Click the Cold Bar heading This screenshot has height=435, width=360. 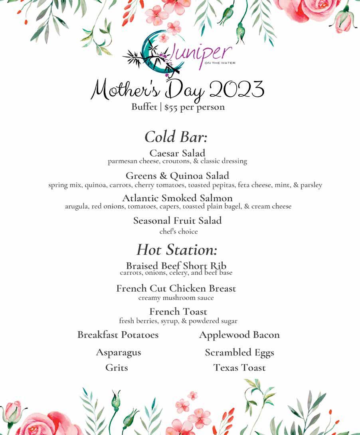pyautogui.click(x=176, y=137)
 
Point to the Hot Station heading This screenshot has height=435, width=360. pyautogui.click(x=177, y=250)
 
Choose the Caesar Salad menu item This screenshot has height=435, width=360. pyautogui.click(x=177, y=153)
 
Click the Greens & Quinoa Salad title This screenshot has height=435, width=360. pyautogui.click(x=177, y=176)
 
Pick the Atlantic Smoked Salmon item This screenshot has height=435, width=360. pyautogui.click(x=177, y=198)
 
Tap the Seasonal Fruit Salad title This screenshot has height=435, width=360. pyautogui.click(x=177, y=220)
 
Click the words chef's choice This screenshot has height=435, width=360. pyautogui.click(x=178, y=231)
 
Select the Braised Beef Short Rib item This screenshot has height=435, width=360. pyautogui.click(x=176, y=266)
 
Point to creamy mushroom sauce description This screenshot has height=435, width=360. pyautogui.click(x=176, y=298)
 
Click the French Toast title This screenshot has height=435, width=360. pyautogui.click(x=178, y=312)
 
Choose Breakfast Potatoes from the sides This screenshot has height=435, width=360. pyautogui.click(x=118, y=335)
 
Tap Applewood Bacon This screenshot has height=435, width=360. pyautogui.click(x=239, y=335)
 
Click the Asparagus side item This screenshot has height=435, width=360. pyautogui.click(x=118, y=353)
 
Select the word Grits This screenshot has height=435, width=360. pyautogui.click(x=117, y=367)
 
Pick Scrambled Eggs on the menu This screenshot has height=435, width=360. pyautogui.click(x=239, y=353)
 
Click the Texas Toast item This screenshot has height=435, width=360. pyautogui.click(x=239, y=367)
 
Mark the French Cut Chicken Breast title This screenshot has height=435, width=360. pyautogui.click(x=176, y=288)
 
